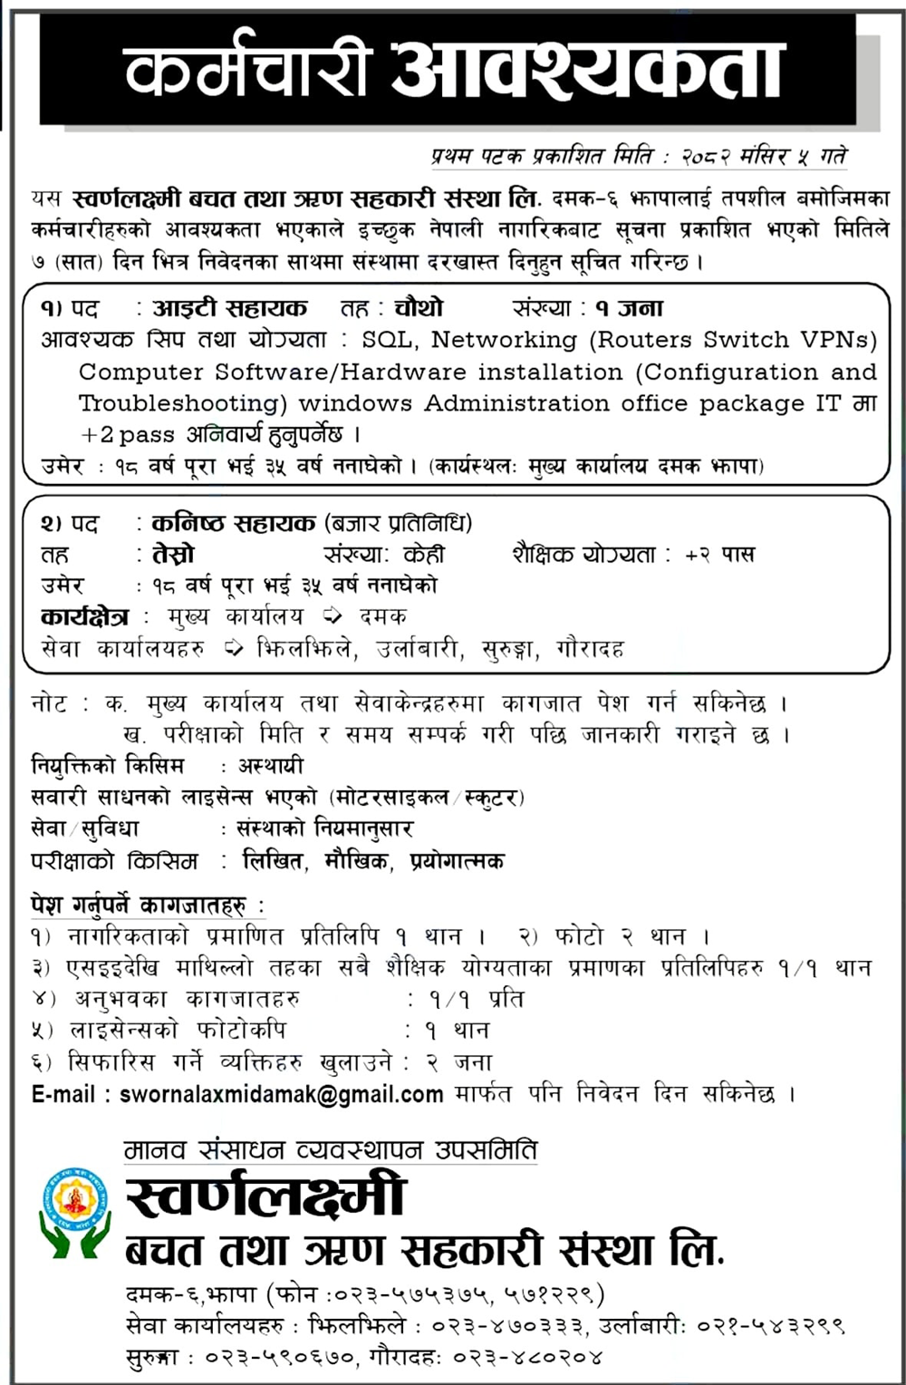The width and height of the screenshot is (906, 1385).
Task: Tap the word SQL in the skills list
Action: click(x=388, y=340)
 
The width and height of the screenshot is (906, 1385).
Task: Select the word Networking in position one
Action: click(x=503, y=340)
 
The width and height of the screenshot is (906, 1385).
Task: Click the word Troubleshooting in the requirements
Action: click(x=183, y=403)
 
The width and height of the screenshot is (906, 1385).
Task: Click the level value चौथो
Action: click(x=419, y=308)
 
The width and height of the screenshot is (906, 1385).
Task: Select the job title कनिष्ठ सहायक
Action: click(x=234, y=523)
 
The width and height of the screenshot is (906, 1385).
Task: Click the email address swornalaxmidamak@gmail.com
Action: click(x=282, y=1094)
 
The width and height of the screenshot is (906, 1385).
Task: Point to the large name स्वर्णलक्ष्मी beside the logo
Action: click(x=265, y=1196)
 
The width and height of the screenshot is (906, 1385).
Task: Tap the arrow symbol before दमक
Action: click(x=333, y=616)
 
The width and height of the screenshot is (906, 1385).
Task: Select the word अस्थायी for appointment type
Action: click(x=270, y=766)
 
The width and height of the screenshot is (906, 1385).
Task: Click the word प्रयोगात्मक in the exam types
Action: click(x=456, y=860)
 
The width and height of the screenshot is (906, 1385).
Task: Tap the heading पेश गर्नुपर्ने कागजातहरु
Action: click(x=149, y=905)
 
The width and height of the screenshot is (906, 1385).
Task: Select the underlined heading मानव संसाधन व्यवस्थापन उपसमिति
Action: click(x=331, y=1150)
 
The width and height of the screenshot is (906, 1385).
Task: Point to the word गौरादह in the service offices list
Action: click(x=590, y=648)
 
